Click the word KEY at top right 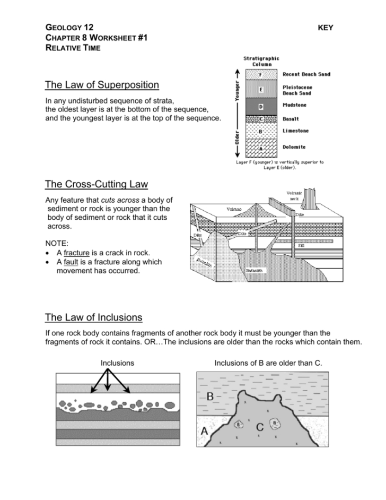[x=325, y=28]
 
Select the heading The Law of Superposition [x=102, y=85]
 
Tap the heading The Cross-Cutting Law [x=96, y=184]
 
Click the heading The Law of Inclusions [x=94, y=317]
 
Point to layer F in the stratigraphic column [x=260, y=75]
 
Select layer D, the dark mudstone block [x=260, y=107]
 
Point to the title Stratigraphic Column [x=261, y=61]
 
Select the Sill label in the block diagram [x=301, y=246]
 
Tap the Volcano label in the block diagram [x=234, y=209]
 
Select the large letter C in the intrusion [x=260, y=427]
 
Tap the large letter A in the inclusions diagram [x=204, y=432]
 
